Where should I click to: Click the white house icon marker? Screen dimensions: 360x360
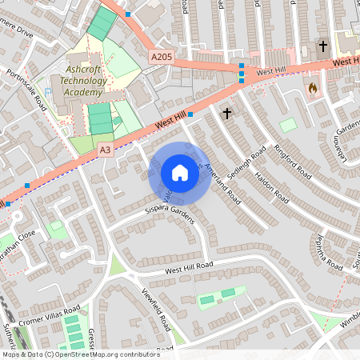point(179,173)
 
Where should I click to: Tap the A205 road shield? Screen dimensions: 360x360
point(161,57)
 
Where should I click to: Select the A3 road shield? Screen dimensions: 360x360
point(106,149)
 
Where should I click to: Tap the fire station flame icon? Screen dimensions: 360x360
point(312,87)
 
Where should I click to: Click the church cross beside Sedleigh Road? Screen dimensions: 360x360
point(227,114)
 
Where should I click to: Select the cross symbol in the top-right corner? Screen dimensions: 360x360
point(323,46)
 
